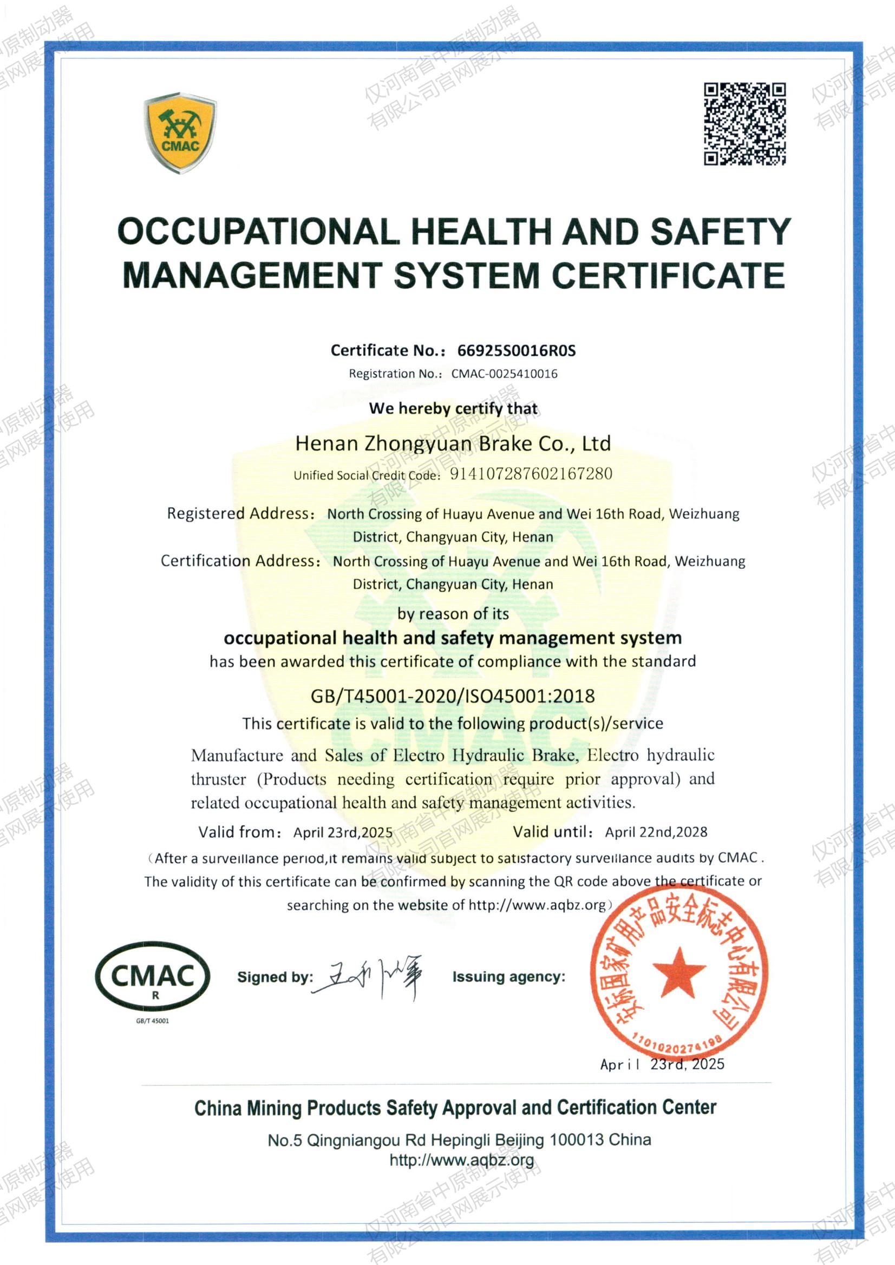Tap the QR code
point(744,124)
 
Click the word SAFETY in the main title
point(721,231)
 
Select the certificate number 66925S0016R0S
point(516,350)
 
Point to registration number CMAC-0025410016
point(504,374)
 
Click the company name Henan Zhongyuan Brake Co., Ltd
point(453,443)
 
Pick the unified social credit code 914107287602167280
point(531,474)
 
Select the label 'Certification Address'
point(238,561)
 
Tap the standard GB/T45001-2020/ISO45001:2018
point(453,696)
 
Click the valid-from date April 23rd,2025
point(342,832)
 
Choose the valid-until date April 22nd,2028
point(656,832)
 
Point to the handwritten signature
point(369,977)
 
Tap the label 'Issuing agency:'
point(508,977)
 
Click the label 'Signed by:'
point(275,977)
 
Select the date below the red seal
point(662,1064)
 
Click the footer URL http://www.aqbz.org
point(461,1160)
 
